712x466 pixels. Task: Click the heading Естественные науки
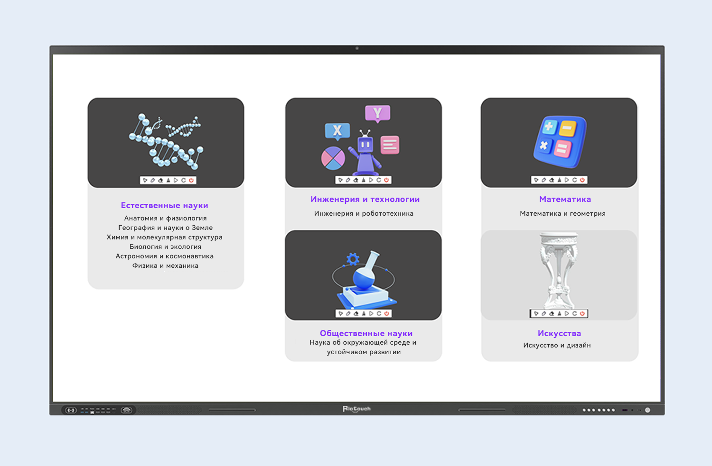point(164,205)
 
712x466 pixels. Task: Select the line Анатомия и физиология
point(165,218)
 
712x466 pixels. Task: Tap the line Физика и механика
point(165,265)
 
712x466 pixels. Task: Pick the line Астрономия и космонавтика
point(165,256)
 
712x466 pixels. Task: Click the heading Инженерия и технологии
point(365,199)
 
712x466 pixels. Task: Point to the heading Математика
point(565,199)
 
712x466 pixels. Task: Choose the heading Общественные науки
point(366,333)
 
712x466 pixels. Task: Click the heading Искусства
point(559,333)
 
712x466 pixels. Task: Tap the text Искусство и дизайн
point(557,345)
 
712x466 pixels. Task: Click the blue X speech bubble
point(337,131)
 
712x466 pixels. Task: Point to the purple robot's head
point(365,145)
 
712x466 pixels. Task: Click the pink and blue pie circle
point(333,158)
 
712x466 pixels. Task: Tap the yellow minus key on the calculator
point(567,128)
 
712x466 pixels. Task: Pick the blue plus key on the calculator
point(549,127)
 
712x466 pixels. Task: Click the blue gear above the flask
point(353,259)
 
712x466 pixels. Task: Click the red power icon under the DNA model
point(191,180)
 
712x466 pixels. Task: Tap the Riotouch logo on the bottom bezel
point(356,409)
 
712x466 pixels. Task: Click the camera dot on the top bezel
point(357,48)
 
